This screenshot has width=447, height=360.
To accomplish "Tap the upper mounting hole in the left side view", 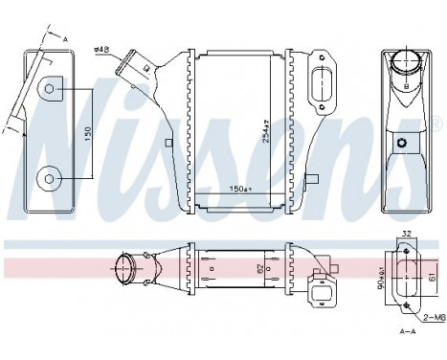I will point(52,90).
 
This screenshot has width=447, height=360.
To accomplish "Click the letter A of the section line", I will point(66,38).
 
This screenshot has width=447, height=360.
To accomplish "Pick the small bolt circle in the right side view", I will point(405,145).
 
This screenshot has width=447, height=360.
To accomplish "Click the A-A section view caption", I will point(408,330).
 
